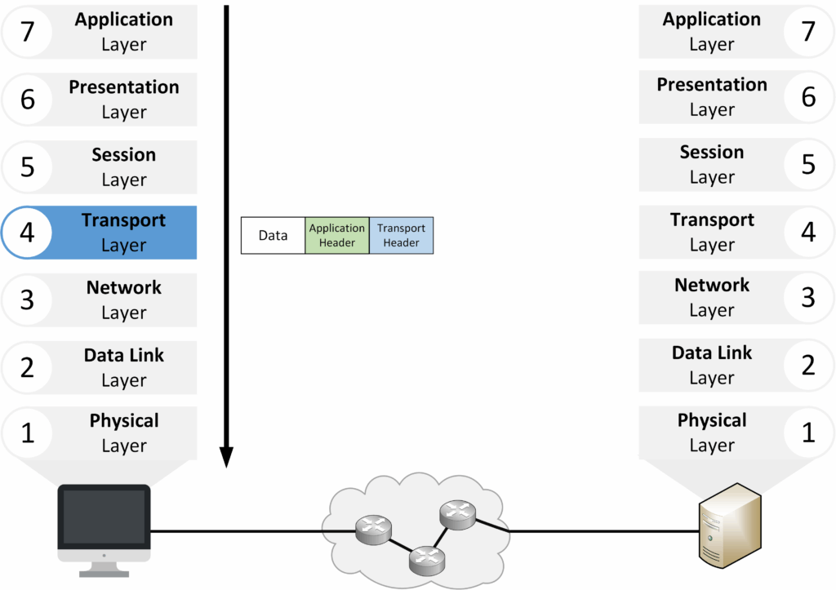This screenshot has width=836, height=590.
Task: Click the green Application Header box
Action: (336, 235)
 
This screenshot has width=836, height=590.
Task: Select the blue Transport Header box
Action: (401, 235)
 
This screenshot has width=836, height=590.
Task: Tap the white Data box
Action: (273, 235)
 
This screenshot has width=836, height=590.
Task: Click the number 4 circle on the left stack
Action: (27, 233)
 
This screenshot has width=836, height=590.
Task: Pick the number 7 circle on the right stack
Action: (808, 32)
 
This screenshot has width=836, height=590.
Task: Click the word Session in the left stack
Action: (123, 155)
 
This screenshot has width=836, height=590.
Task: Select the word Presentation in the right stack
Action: (712, 85)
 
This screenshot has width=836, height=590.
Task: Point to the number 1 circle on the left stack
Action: (27, 433)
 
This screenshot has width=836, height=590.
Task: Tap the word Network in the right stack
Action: (712, 286)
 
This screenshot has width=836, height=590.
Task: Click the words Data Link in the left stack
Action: (123, 356)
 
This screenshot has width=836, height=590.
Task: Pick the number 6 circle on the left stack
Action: (27, 100)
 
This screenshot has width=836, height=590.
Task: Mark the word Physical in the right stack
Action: (712, 421)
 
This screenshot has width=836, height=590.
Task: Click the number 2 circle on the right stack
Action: (808, 365)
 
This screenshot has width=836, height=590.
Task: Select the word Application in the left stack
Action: (123, 20)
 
